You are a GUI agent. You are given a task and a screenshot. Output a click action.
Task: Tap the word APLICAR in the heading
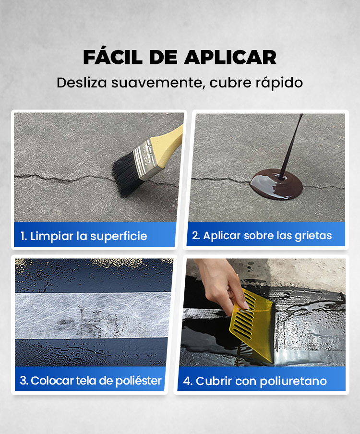coord(230,58)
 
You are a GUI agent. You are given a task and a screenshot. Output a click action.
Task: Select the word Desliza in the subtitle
coord(82,83)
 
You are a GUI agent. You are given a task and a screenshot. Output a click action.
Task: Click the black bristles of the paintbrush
coord(126,175)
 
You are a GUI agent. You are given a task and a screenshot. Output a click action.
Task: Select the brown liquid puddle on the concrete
coord(276,184)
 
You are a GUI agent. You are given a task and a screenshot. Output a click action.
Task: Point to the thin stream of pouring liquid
coord(291,146)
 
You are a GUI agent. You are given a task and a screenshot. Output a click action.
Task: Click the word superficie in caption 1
coord(119,237)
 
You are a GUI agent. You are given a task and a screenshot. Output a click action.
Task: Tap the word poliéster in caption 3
coord(138,381)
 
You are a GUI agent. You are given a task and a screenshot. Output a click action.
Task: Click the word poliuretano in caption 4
coord(293,381)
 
